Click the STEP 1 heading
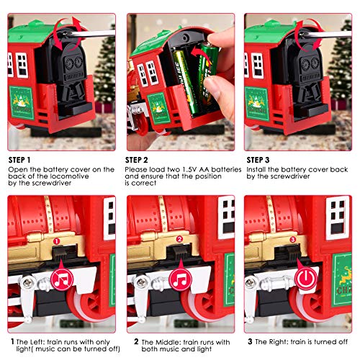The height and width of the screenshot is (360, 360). click(19, 160)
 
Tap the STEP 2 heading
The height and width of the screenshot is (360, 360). click(137, 160)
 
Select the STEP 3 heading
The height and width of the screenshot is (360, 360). click(258, 160)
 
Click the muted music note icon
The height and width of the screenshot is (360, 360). click(62, 279)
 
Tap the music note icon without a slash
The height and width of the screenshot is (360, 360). click(180, 279)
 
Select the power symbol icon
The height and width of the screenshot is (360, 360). click(306, 279)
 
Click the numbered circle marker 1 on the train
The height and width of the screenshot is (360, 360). click(56, 241)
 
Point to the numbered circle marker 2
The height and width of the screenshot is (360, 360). click(179, 239)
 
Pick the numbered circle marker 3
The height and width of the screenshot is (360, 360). click(292, 240)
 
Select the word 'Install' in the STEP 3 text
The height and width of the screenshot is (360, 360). click(256, 170)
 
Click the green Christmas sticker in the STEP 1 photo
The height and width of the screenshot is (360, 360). click(22, 103)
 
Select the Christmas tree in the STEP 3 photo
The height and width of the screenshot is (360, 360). click(341, 63)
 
